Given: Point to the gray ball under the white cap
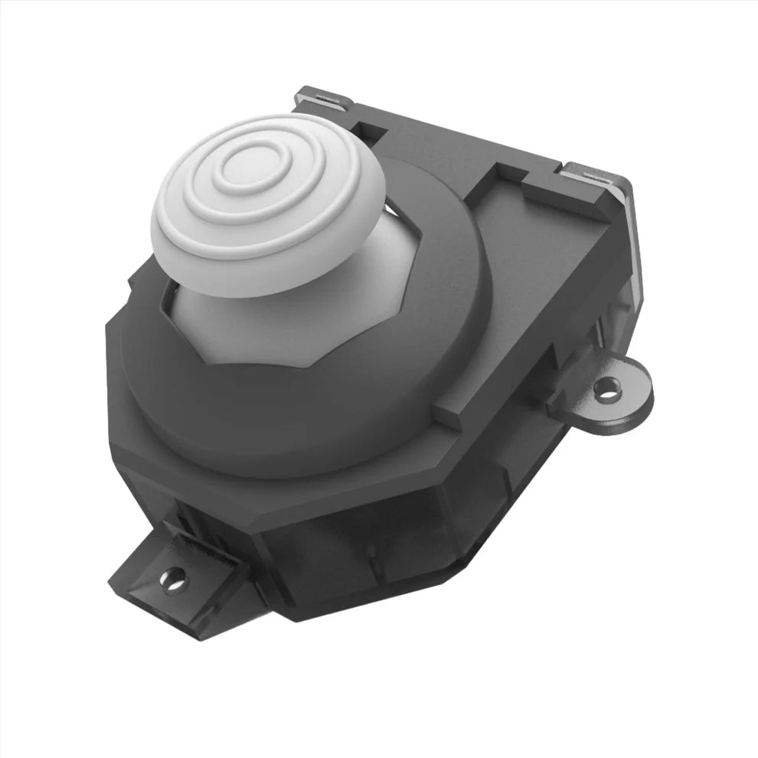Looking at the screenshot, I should (230, 322).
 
